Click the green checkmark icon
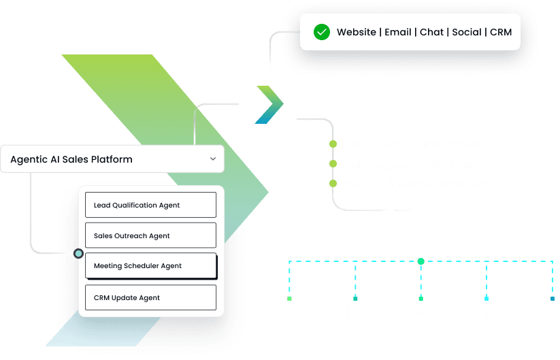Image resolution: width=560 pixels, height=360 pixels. point(321,32)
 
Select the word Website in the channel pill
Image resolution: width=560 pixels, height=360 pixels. point(357,32)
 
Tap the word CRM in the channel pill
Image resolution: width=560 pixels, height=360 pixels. point(501,32)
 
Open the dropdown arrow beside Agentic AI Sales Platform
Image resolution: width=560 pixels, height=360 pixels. point(213,159)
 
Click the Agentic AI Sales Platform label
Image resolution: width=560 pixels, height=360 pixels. point(71,159)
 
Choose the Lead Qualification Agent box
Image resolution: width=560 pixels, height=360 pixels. point(150,205)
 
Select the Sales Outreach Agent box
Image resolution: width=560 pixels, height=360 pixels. point(150,235)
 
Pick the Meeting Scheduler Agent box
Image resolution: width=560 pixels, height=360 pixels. point(150,266)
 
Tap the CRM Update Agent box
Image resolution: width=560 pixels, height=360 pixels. point(150,297)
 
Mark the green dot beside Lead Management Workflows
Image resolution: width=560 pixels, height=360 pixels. point(333,144)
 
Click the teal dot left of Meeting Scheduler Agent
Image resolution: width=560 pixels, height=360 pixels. point(79,254)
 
